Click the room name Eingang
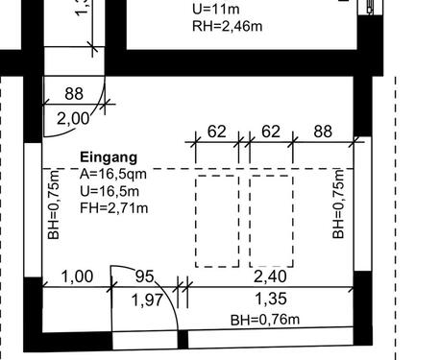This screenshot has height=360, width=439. click(109, 156)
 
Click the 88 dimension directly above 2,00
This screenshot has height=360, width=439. click(74, 93)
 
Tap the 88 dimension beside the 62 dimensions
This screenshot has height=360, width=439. click(322, 132)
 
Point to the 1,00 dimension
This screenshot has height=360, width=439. click(77, 276)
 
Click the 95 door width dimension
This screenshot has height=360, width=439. click(144, 276)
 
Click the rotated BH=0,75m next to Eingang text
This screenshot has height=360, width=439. click(54, 204)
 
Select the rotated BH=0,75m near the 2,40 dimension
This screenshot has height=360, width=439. click(338, 204)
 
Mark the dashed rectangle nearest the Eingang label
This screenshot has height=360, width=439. click(217, 221)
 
